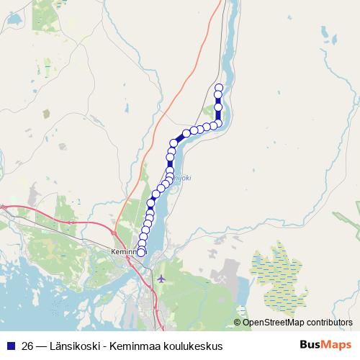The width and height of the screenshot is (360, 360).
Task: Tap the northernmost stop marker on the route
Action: (x=219, y=88)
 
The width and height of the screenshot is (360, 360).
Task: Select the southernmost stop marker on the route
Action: (x=141, y=252)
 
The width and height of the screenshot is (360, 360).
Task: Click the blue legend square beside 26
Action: (x=11, y=346)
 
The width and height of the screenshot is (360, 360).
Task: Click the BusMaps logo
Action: (x=325, y=345)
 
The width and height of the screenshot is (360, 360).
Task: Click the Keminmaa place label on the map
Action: (x=124, y=252)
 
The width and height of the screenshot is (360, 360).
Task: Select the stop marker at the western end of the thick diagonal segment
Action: (x=174, y=143)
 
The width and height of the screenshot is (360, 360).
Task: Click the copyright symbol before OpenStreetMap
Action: (x=238, y=322)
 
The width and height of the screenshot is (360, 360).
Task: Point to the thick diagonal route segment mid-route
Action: (x=180, y=138)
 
